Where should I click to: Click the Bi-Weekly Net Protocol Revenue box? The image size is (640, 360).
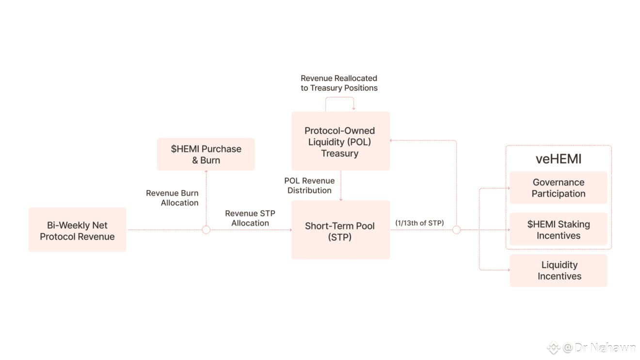77,230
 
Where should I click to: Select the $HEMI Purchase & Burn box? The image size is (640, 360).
206,154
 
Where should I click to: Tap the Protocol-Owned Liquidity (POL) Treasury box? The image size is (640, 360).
340,141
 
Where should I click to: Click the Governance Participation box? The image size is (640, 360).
558,188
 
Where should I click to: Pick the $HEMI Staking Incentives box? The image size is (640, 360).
558,229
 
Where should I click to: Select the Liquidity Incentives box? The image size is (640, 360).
559,270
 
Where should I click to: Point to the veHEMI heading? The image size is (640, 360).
559,159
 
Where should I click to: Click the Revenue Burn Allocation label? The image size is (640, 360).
173,198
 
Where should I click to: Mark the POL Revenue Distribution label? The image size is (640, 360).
309,186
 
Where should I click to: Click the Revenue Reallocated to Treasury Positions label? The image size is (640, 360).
339,83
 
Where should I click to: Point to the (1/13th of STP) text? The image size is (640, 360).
419,223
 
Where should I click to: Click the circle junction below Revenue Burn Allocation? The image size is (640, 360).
206,230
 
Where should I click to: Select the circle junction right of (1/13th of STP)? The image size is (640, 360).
456,230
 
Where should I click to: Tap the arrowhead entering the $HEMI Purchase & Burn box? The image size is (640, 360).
206,172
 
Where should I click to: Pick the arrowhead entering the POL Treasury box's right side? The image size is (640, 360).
392,141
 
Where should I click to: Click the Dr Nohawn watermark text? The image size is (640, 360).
605,347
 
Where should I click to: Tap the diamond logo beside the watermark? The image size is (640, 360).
553,347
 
